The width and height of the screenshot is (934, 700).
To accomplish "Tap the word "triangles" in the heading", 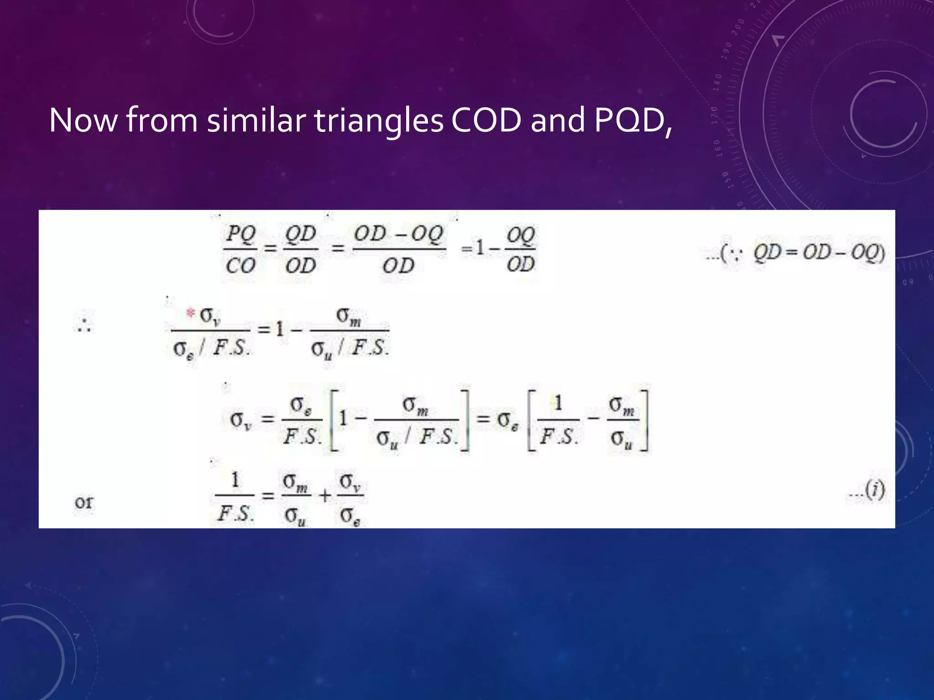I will pos(379,121).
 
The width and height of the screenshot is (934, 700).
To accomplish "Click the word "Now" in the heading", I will pos(83,120).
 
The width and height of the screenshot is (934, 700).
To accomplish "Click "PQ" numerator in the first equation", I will pos(241,235).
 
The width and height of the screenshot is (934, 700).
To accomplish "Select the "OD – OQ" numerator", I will pos(399,235).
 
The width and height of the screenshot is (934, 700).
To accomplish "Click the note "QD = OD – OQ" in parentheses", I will pos(818,252).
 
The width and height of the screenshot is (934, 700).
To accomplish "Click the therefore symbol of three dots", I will pos(84,325).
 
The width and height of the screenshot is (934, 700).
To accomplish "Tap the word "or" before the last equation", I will pos(83,502).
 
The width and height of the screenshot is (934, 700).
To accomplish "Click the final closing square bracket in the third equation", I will pos(644,420).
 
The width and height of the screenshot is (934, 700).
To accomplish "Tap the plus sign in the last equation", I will pos(325,496).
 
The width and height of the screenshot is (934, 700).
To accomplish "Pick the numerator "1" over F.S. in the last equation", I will pos(235,480).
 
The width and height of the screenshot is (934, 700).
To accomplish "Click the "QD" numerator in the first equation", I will pos(301,235).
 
